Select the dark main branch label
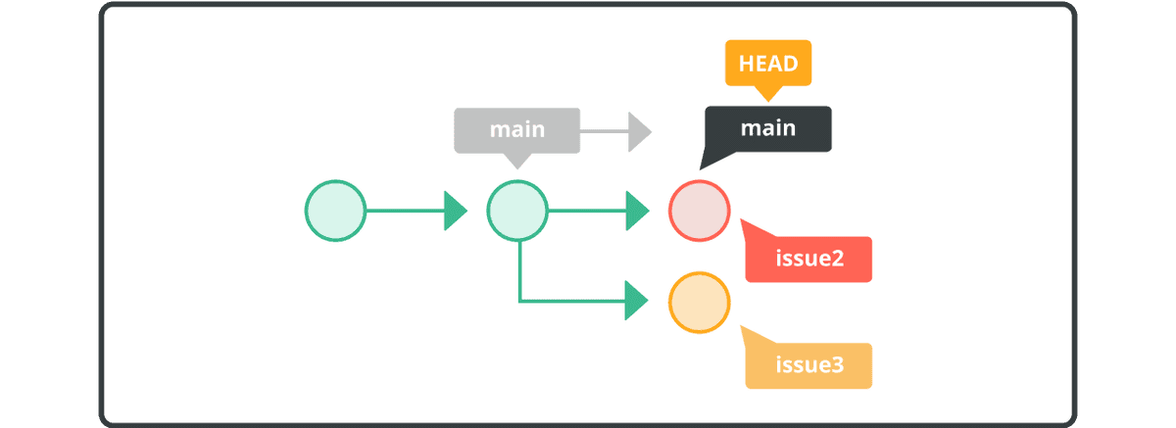click(x=768, y=128)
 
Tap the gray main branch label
click(x=517, y=130)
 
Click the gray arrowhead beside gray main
click(x=640, y=131)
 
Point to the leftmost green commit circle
click(x=335, y=211)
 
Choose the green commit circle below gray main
click(x=517, y=211)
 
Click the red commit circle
click(x=699, y=211)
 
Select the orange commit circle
click(x=699, y=303)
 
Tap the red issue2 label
click(x=808, y=260)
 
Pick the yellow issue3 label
click(x=808, y=366)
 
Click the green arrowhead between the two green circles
click(x=456, y=211)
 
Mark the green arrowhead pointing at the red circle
click(x=638, y=211)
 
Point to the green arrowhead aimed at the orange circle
click(x=638, y=301)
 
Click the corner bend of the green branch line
click(x=519, y=300)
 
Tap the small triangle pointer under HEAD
click(x=768, y=93)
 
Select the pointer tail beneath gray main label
click(x=517, y=160)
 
